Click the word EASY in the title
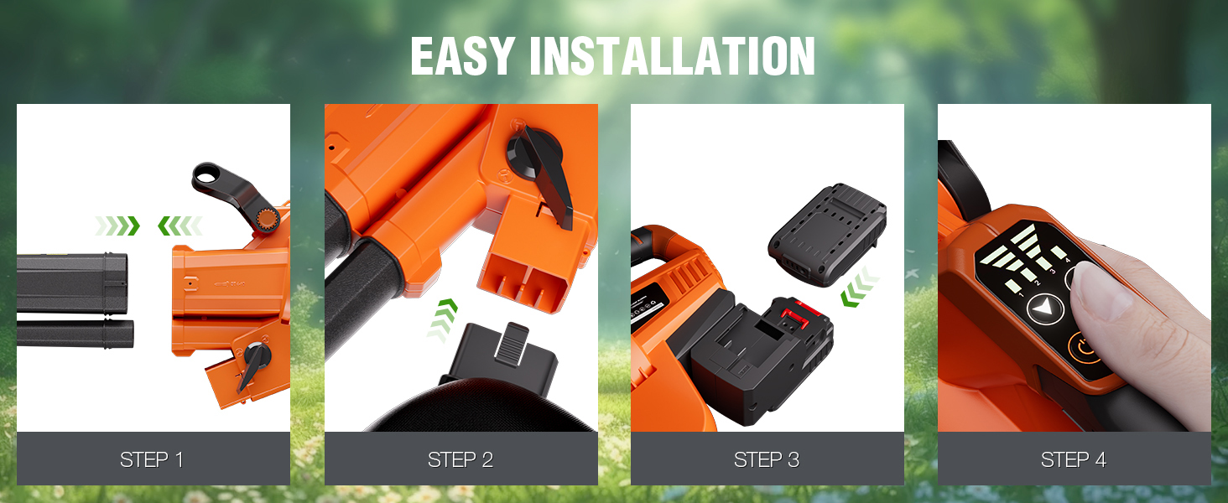[x=462, y=56]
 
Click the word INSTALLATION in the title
[x=672, y=56]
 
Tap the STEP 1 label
[x=152, y=459]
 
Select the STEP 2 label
[x=460, y=459]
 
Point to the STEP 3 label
[x=767, y=459]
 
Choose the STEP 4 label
[x=1074, y=459]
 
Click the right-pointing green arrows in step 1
[x=117, y=226]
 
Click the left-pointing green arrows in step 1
[x=180, y=226]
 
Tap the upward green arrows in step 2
[x=442, y=320]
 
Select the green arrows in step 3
[x=860, y=287]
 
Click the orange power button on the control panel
[x=1084, y=348]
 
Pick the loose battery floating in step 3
[x=827, y=235]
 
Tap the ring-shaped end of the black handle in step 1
[x=206, y=176]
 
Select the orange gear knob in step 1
[x=268, y=219]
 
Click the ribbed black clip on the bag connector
[x=512, y=344]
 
